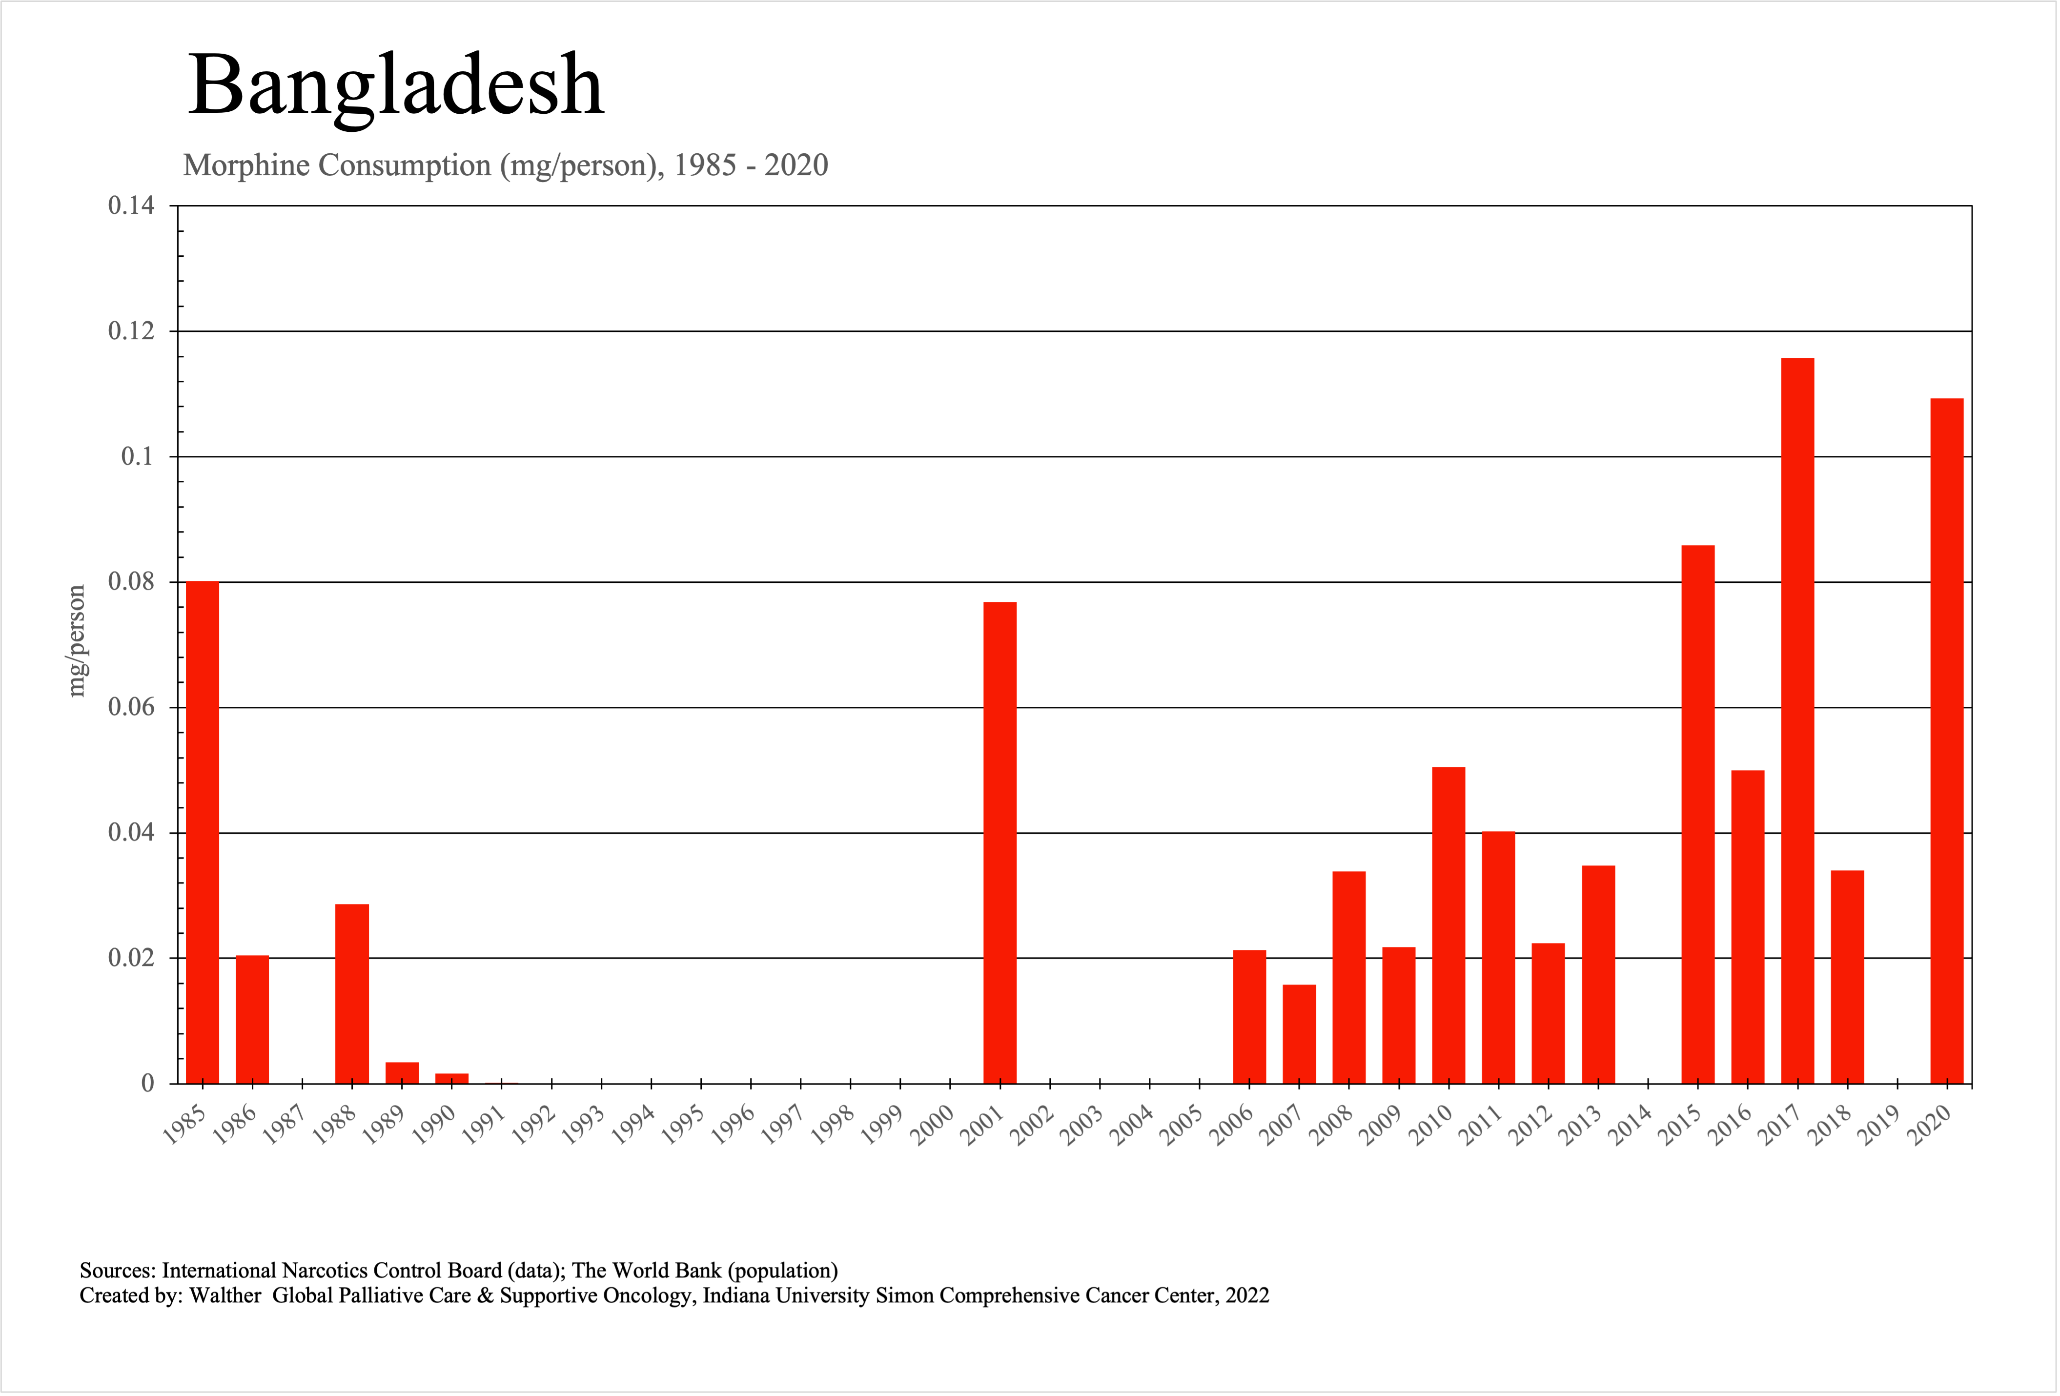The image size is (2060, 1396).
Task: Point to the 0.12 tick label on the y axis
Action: click(x=131, y=331)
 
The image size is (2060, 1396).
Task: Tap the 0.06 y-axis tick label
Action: click(x=131, y=707)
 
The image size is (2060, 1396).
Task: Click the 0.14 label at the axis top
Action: click(x=131, y=205)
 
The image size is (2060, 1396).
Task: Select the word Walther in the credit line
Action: click(x=225, y=1296)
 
